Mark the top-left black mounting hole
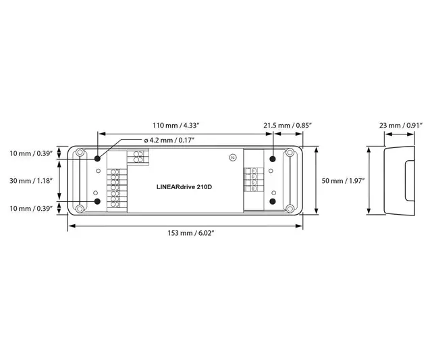[99, 159]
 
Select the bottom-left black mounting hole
[99, 201]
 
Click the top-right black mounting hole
[273, 159]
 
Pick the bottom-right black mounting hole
[273, 201]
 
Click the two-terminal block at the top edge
[140, 157]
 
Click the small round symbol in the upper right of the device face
[233, 157]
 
